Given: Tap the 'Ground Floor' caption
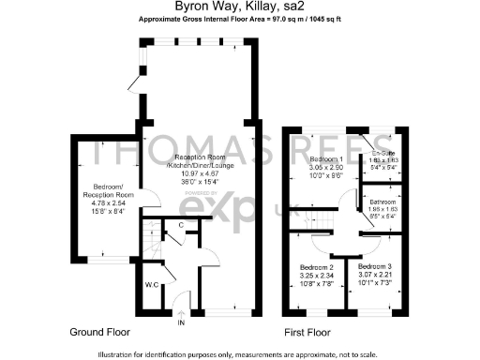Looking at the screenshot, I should tap(100, 333).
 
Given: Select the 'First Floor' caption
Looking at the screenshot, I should tap(308, 333).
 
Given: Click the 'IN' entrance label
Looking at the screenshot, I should tap(182, 323).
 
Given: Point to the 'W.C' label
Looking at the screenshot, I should tap(151, 283).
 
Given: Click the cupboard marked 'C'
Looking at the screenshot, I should tap(179, 224).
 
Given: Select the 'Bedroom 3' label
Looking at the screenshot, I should tap(375, 268).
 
